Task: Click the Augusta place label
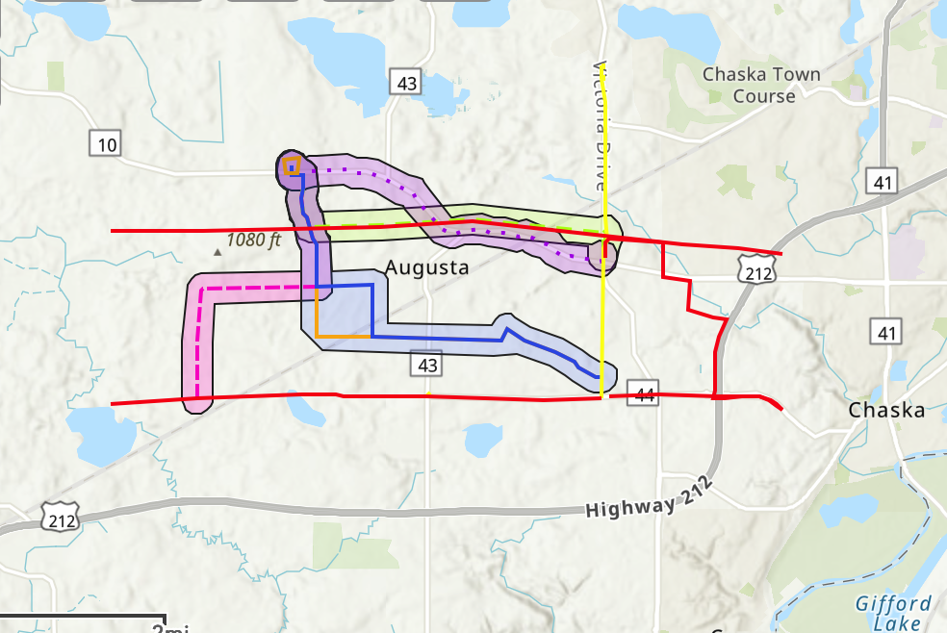(427, 267)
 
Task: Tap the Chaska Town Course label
(761, 85)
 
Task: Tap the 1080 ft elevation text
(253, 240)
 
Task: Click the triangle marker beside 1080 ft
(218, 252)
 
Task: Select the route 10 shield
(106, 145)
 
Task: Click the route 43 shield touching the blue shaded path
(428, 365)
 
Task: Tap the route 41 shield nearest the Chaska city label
(885, 334)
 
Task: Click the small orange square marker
(291, 165)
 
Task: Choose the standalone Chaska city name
(886, 411)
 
